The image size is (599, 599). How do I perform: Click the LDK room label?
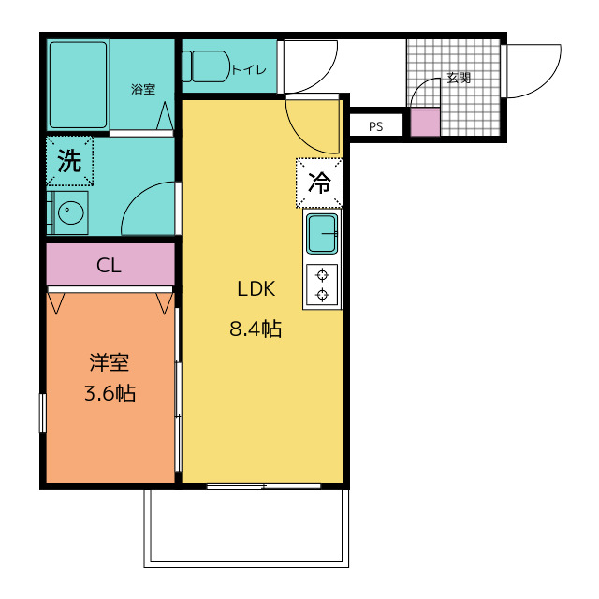point(256,289)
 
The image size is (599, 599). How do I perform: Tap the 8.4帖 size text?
point(256,329)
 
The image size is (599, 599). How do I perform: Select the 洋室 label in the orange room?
point(110,362)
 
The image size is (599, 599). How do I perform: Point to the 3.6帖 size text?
point(110,393)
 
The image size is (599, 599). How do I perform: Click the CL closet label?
point(109,265)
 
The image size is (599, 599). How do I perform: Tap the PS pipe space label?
point(376,126)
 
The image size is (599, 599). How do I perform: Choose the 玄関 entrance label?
point(459,78)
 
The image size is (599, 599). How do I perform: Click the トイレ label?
point(249,69)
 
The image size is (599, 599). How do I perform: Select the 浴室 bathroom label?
point(143,89)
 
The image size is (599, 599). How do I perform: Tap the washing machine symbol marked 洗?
point(69,161)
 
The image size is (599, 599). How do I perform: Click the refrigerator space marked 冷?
point(319,183)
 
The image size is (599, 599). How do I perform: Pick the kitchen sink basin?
point(322,234)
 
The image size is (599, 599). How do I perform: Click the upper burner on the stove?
point(322,274)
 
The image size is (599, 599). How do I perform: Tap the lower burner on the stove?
point(322,295)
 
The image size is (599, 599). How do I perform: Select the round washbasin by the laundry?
point(71,212)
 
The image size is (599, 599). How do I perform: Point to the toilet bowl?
point(206,66)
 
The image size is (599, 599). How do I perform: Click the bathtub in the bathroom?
point(79,85)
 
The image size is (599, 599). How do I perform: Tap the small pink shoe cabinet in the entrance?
point(425,123)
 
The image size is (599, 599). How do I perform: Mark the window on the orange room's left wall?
point(43,414)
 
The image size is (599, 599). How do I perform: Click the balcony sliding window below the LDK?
point(264,487)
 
